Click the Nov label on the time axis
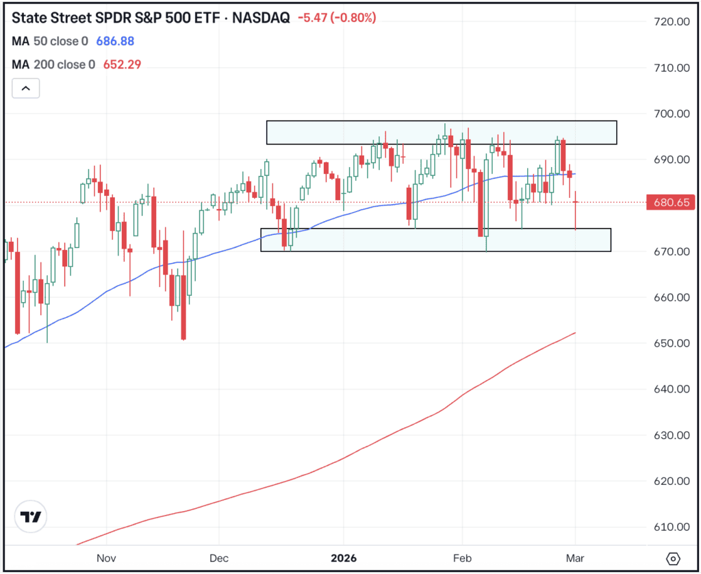click(106, 558)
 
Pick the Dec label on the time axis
click(219, 558)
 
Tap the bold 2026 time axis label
click(343, 558)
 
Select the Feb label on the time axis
click(463, 558)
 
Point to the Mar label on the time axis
click(575, 558)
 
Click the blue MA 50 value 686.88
click(114, 42)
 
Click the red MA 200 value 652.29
click(123, 65)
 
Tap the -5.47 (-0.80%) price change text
click(337, 18)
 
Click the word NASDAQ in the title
click(262, 18)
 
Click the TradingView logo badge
click(31, 518)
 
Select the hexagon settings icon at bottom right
click(674, 558)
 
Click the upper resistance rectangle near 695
click(442, 133)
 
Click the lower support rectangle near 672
click(435, 240)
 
